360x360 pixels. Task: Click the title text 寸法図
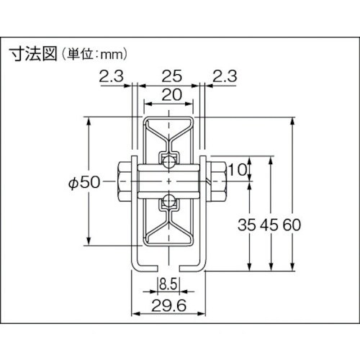click(32, 53)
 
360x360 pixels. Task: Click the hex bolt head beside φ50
click(122, 183)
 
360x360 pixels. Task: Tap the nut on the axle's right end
click(215, 182)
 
